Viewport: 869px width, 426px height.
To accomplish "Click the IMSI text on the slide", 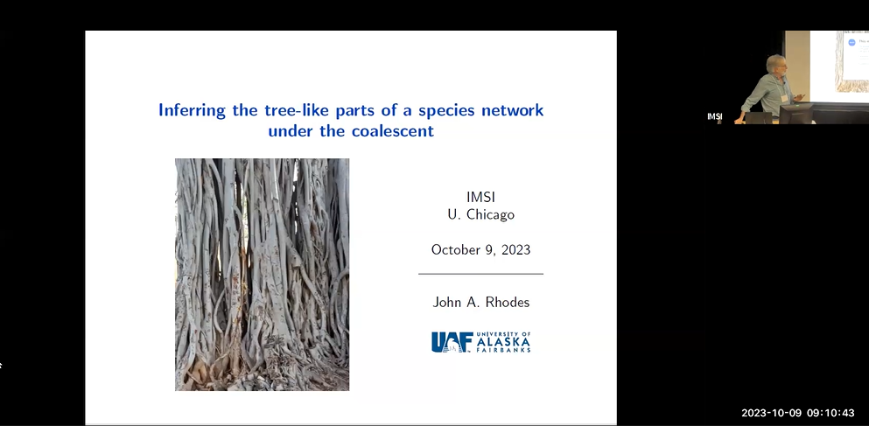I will [480, 197].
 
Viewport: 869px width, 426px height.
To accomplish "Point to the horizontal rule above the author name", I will [480, 274].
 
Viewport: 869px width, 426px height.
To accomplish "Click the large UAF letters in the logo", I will [452, 342].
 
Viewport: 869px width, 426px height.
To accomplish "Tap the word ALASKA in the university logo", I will [503, 342].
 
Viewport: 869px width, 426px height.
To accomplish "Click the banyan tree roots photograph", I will [262, 274].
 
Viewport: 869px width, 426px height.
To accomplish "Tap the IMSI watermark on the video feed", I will [714, 116].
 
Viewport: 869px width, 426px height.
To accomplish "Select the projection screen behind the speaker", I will [839, 61].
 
